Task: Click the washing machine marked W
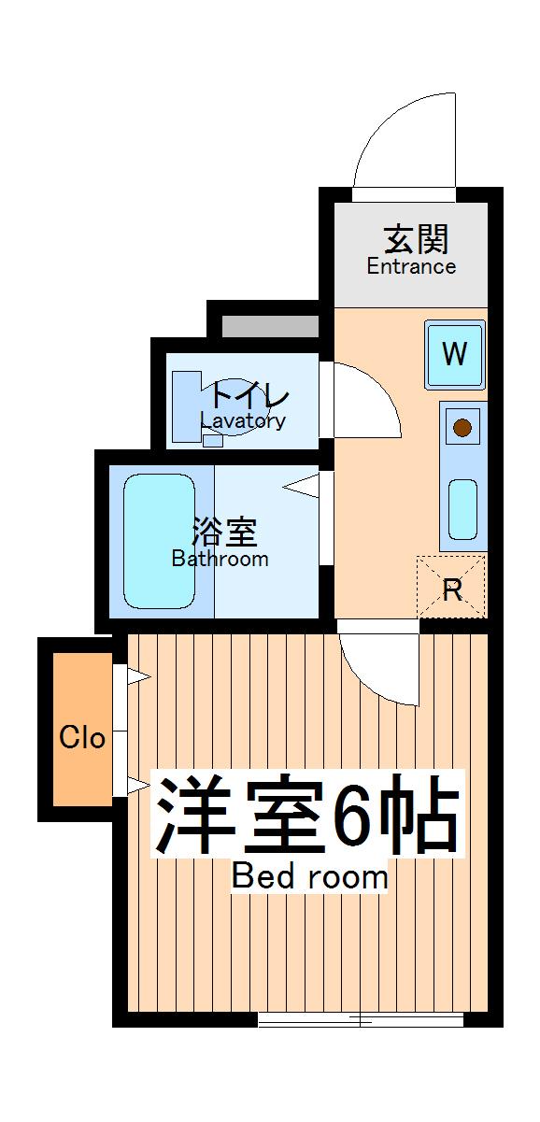click(454, 354)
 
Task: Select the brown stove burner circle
click(462, 429)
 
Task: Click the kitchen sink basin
click(462, 509)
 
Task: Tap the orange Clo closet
click(81, 729)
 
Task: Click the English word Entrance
click(411, 266)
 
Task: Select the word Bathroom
click(220, 560)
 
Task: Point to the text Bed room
click(309, 877)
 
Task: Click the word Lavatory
click(243, 420)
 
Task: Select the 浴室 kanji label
click(223, 533)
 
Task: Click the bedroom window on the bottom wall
click(361, 1019)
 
